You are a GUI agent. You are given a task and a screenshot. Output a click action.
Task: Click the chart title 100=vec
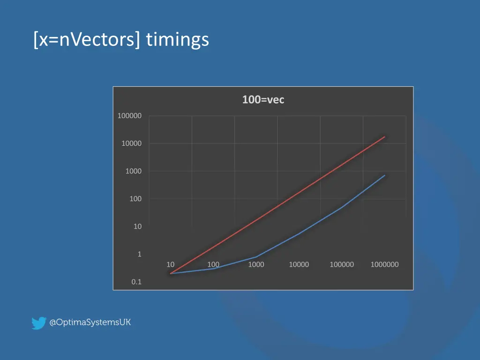coord(263,99)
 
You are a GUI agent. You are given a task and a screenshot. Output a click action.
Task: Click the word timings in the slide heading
coord(177,39)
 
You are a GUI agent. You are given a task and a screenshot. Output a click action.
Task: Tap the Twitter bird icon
coord(39,323)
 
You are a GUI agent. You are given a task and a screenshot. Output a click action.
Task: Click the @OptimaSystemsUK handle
coord(90,322)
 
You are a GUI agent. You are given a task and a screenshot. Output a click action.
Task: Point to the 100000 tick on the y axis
coord(129,116)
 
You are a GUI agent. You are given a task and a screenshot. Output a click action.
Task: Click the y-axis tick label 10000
coord(131,143)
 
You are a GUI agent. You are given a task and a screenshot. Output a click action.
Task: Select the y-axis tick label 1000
coord(133,171)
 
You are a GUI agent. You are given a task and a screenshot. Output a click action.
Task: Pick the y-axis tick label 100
coord(135,199)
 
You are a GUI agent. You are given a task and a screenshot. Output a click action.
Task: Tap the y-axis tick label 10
coord(137,226)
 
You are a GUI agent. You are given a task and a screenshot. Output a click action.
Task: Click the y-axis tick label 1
coord(139,254)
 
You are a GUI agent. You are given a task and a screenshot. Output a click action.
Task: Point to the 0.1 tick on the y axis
coord(136,282)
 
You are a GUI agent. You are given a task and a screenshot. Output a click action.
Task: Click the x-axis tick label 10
coord(171,264)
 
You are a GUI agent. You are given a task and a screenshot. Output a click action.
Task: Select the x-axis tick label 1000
coord(256,264)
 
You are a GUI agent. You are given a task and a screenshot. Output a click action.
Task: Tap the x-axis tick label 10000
coord(299,264)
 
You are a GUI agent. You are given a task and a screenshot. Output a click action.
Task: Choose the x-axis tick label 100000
coord(342,264)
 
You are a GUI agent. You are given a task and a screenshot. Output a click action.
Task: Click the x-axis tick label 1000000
coord(384,264)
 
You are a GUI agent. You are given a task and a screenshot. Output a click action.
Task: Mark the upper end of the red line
coord(385,137)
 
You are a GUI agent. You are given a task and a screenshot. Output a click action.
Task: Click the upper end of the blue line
coord(385,175)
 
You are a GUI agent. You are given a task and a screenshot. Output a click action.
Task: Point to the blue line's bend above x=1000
coord(256,257)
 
